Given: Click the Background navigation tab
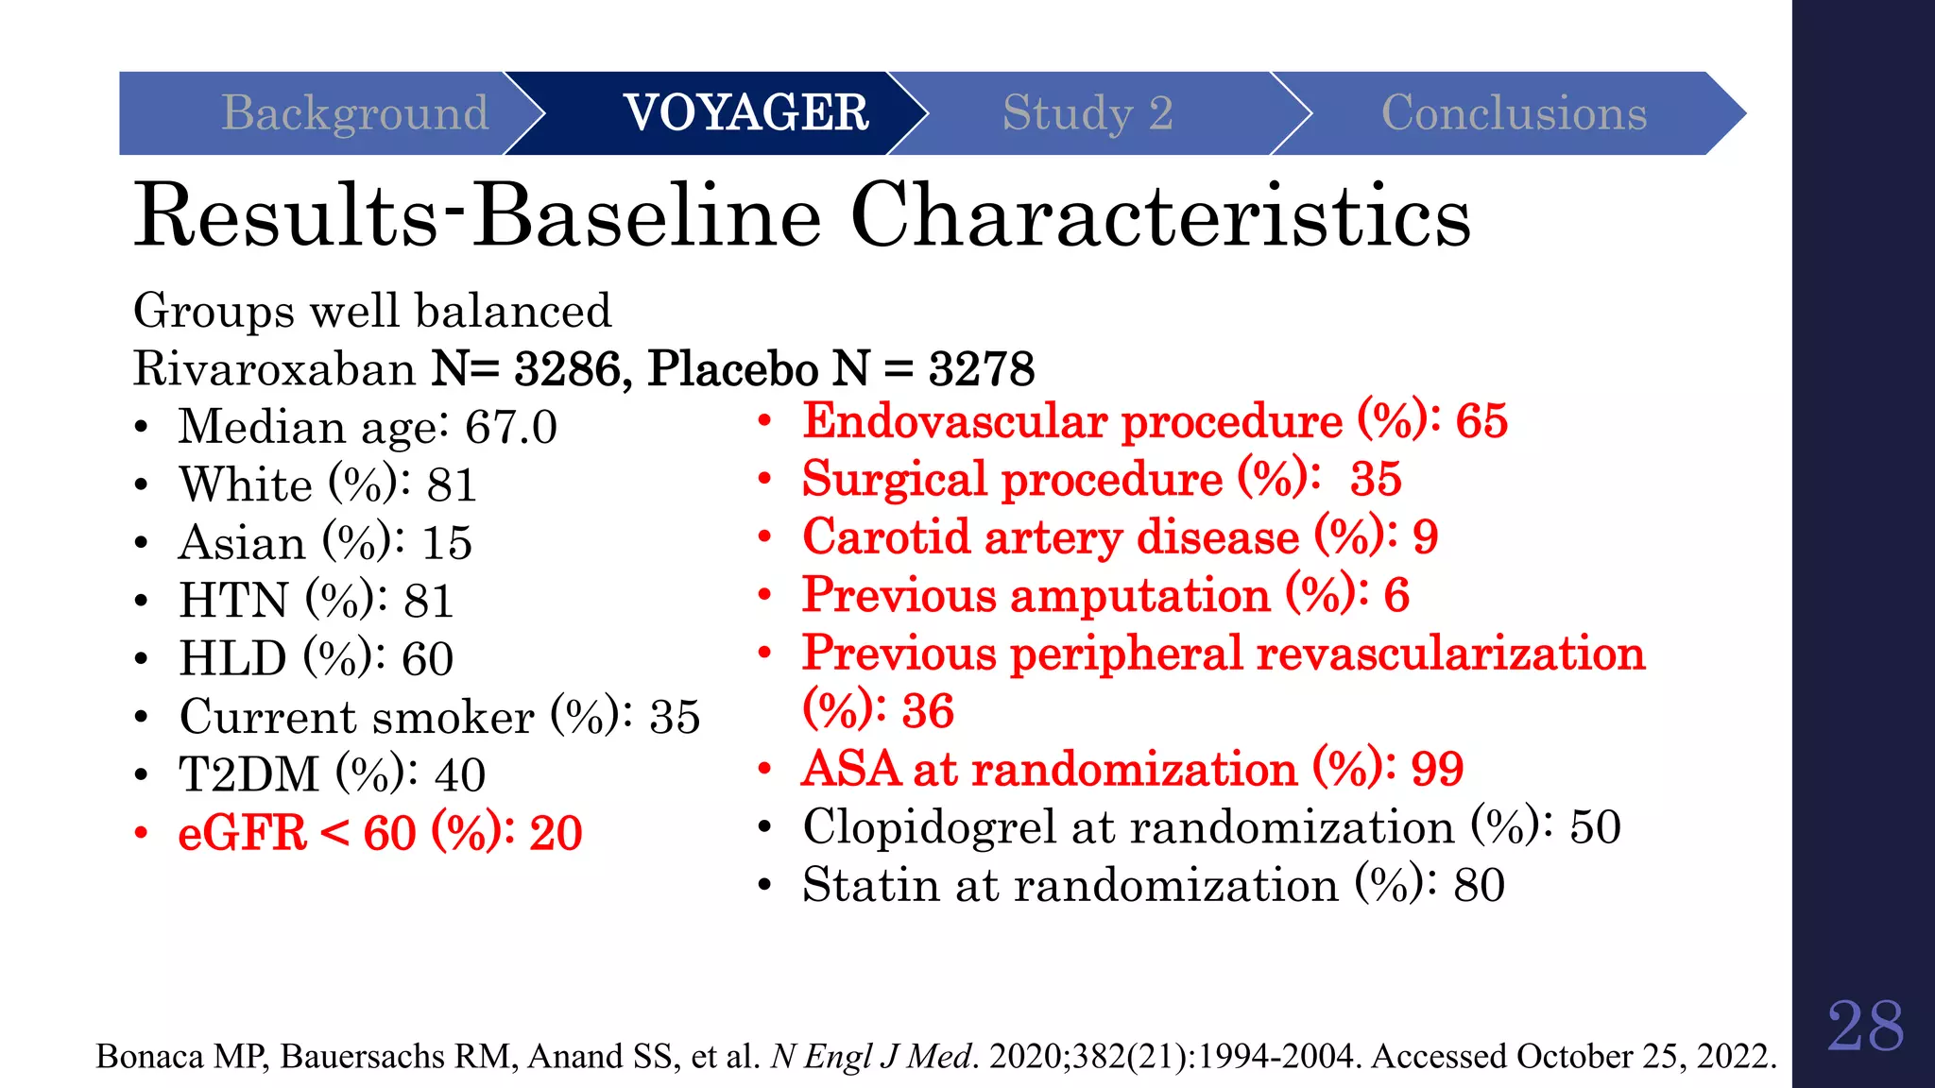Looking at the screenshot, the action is (x=354, y=113).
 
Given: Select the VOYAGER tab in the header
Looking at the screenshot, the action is (x=745, y=113).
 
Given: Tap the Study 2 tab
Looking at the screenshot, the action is (x=1087, y=113).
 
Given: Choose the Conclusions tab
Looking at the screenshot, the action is (x=1514, y=113).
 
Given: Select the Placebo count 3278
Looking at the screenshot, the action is (x=982, y=368).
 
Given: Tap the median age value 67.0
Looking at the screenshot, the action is (x=510, y=427).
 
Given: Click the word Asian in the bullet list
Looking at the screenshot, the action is (x=242, y=543).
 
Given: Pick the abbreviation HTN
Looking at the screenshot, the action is (x=233, y=601).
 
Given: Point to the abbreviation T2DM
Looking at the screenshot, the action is (x=249, y=774).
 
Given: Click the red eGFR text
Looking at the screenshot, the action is (x=242, y=833).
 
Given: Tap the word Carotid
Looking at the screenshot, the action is (x=886, y=537).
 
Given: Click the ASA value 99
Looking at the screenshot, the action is (x=1436, y=769).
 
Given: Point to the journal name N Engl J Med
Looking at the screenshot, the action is (x=871, y=1056).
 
